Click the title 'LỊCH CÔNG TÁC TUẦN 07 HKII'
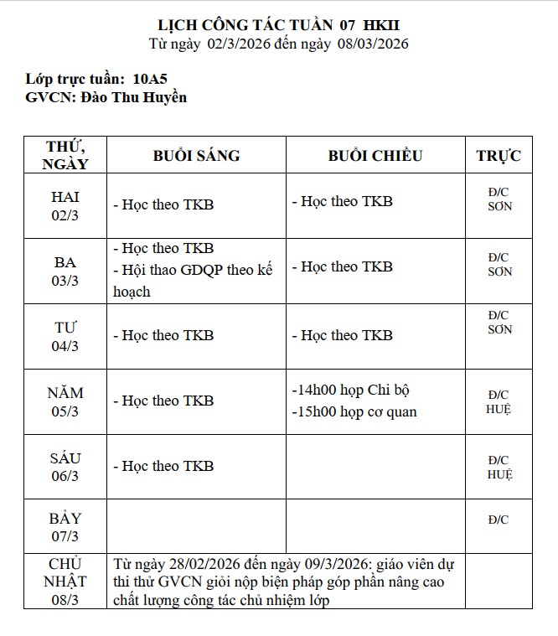(x=279, y=25)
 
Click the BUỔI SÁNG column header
(x=196, y=156)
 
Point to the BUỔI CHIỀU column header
(x=375, y=156)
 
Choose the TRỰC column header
(x=499, y=156)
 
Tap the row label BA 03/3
(x=65, y=271)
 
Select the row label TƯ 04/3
(x=65, y=336)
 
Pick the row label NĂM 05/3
(x=65, y=401)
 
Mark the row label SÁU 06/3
(x=65, y=467)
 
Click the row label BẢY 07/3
(x=65, y=527)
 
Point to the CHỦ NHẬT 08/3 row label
(x=65, y=581)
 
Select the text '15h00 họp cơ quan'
(x=354, y=411)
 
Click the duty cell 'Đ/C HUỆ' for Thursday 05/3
(x=499, y=401)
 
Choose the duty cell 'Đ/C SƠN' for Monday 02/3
(x=499, y=199)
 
